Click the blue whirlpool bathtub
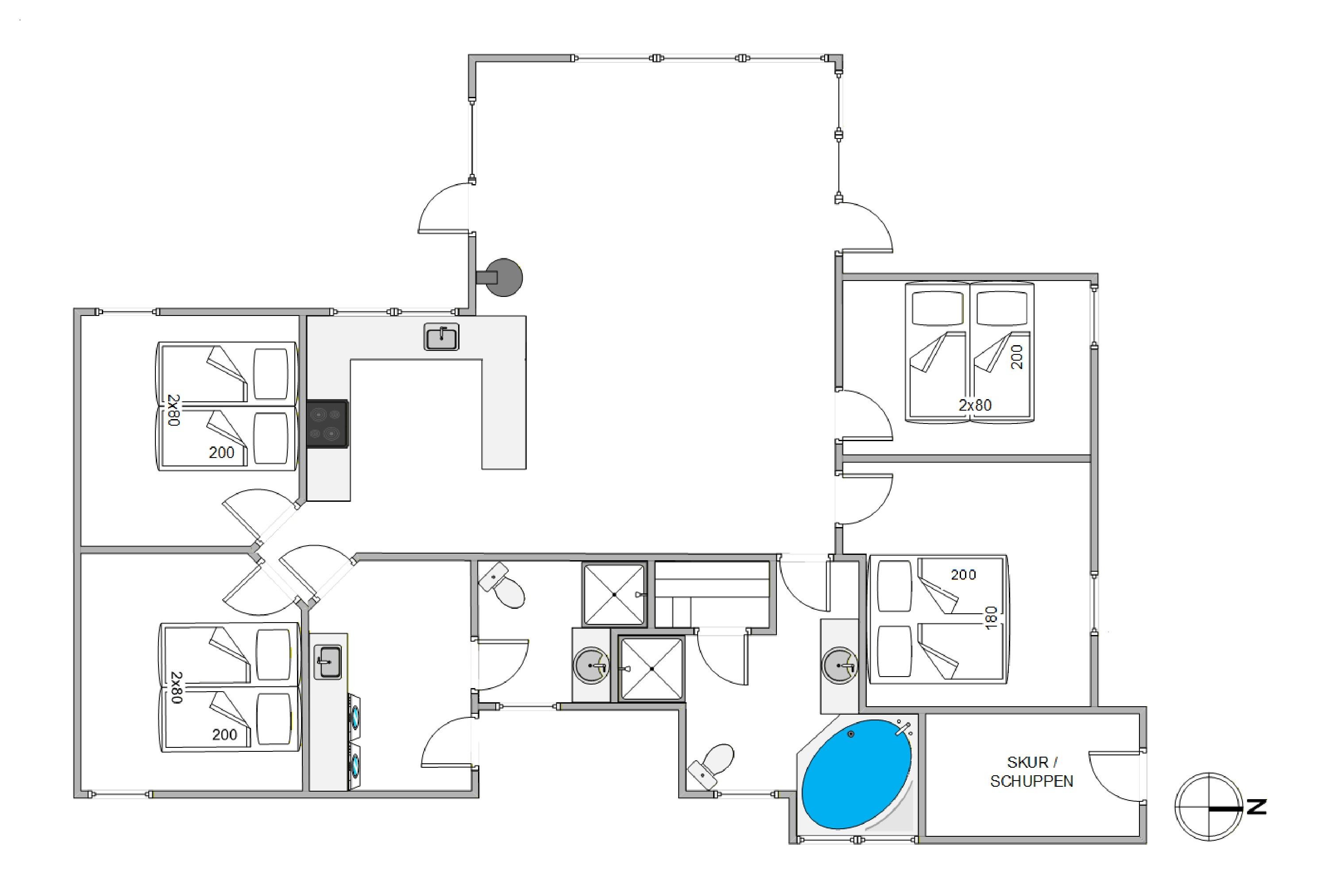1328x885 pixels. [x=857, y=774]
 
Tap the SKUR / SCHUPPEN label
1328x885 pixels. [x=1031, y=772]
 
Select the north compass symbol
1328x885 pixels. [x=1209, y=807]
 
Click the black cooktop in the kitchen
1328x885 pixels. [x=328, y=424]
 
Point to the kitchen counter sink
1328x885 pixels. [x=441, y=337]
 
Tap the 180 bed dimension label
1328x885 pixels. [x=992, y=618]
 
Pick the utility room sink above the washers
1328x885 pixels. [x=328, y=662]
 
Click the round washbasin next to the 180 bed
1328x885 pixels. [x=840, y=666]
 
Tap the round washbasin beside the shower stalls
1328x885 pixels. [x=591, y=666]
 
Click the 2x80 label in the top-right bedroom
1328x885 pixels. [x=975, y=405]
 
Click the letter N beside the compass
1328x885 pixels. [x=1256, y=807]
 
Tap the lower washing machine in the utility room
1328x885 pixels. [x=355, y=766]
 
